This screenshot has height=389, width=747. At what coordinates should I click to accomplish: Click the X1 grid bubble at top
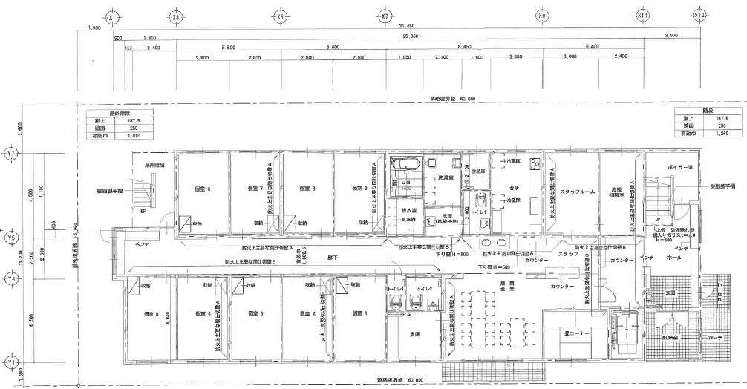point(112,16)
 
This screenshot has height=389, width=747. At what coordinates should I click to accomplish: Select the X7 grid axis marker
point(385,16)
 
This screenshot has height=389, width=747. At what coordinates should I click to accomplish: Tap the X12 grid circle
point(699,16)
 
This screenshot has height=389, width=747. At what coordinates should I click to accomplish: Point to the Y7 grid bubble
point(10,154)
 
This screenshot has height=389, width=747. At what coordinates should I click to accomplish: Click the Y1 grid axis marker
point(10,362)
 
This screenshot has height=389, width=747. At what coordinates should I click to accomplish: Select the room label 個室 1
point(359,313)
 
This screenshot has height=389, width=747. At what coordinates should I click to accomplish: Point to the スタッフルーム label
point(580,191)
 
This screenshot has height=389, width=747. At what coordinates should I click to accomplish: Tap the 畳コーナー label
point(575,334)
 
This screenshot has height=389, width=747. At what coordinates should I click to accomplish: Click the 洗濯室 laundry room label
point(443,178)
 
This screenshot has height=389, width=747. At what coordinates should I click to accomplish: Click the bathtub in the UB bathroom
point(405,165)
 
